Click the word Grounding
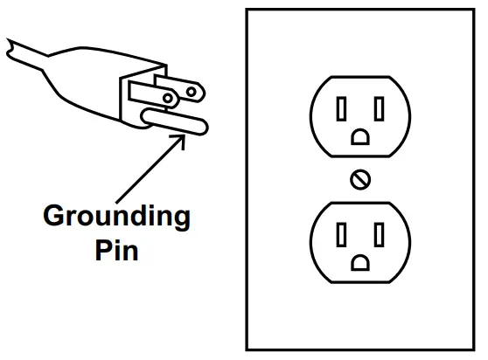point(116,218)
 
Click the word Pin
point(116,251)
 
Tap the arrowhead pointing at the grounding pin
point(180,140)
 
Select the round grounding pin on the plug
point(174,122)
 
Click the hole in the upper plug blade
point(192,92)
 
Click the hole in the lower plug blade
point(167,99)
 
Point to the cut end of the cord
point(10,49)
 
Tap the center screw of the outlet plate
point(360,180)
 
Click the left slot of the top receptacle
point(341,109)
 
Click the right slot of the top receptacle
point(379,109)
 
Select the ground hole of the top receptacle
point(360,137)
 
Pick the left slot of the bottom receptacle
point(341,235)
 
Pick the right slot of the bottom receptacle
point(379,235)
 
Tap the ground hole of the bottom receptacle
point(360,263)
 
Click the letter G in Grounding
point(53,215)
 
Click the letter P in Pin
point(103,250)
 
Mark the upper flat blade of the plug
point(180,88)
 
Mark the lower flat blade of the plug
point(153,95)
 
